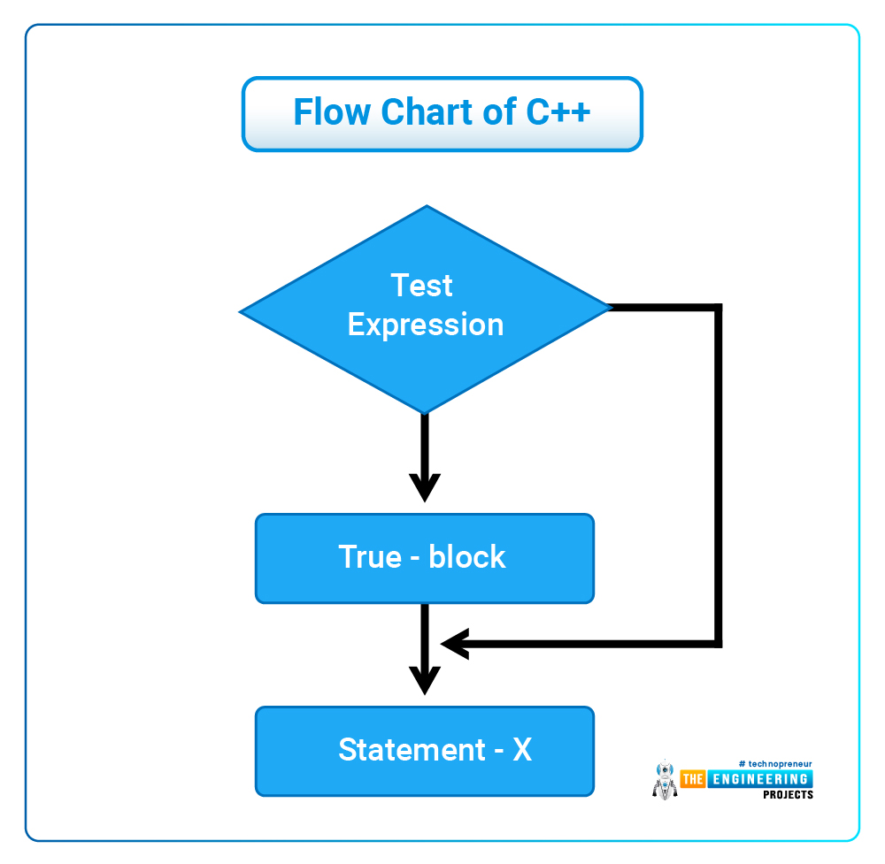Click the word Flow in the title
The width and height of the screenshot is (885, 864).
click(332, 111)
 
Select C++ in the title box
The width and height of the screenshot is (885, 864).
click(558, 111)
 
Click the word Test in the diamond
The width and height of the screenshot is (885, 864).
click(421, 285)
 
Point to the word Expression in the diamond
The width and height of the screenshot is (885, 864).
click(426, 325)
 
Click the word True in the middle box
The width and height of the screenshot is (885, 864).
click(370, 556)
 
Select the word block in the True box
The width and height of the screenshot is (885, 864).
click(466, 556)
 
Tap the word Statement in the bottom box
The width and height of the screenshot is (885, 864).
click(412, 750)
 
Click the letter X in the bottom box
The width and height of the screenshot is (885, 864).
click(522, 750)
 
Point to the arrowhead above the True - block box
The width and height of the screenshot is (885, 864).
click(425, 486)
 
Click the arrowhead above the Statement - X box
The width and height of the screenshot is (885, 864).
click(425, 680)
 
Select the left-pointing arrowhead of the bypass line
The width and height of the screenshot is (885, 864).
click(455, 644)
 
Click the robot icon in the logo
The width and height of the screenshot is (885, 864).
click(665, 780)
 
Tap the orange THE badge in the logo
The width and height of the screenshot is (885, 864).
click(693, 779)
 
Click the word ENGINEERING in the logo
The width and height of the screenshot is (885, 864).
click(759, 779)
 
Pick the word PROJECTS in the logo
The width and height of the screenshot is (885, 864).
click(788, 795)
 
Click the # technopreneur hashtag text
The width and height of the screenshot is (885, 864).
click(775, 763)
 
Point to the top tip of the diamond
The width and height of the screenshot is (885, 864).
click(427, 206)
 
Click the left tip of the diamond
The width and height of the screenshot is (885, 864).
click(241, 311)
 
